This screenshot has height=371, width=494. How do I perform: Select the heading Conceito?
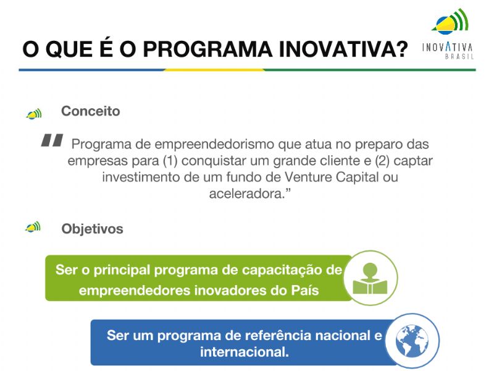click(x=90, y=111)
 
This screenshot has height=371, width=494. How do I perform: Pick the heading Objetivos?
click(x=92, y=229)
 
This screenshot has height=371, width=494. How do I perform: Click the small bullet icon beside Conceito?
click(x=33, y=114)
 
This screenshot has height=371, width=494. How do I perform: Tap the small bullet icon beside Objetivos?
click(x=33, y=228)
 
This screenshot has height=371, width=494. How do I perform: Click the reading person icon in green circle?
click(x=370, y=278)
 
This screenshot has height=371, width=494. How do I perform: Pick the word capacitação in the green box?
click(x=283, y=270)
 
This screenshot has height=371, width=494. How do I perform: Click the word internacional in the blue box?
click(x=244, y=352)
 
